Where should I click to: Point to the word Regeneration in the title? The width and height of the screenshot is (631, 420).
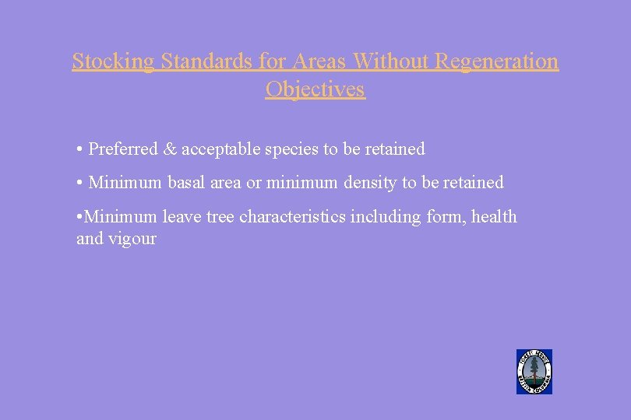tap(496, 61)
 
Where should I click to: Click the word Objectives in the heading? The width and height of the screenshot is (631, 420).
tap(315, 89)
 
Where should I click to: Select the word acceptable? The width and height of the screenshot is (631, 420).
tap(220, 149)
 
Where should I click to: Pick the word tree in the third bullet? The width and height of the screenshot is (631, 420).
tap(220, 217)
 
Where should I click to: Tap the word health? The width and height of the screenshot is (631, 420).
tap(495, 217)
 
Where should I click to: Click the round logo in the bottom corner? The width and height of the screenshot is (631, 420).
tap(534, 372)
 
